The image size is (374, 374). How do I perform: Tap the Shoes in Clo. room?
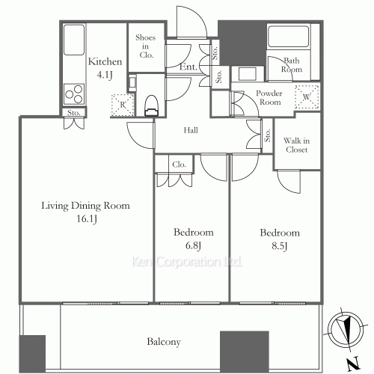coord(145,46)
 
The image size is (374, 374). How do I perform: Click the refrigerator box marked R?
coord(119,104)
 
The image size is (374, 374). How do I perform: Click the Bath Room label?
coord(292,65)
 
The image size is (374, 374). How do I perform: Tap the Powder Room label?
coord(269,97)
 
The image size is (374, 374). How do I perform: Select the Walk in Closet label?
coord(298,144)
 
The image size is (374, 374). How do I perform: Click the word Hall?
coord(191,130)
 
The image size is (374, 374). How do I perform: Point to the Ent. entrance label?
coord(187,67)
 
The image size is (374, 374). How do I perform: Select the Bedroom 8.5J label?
coord(279,238)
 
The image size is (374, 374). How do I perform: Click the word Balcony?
coord(162,342)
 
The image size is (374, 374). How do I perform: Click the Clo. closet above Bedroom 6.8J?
coord(178,165)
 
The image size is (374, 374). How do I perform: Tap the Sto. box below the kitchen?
coord(73,114)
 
